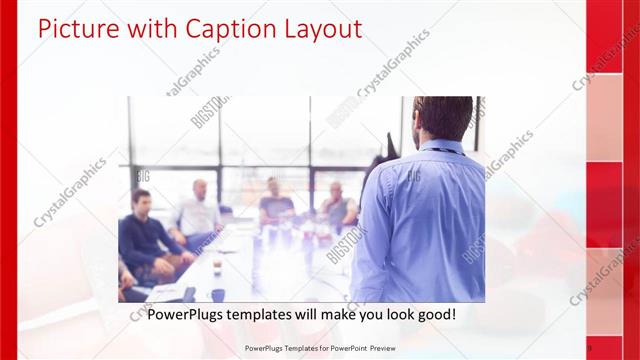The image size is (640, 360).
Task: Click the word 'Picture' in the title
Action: [x=76, y=29]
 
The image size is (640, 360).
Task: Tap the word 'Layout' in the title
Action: [x=317, y=29]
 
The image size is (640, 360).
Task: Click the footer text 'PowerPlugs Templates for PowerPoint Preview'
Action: [x=319, y=348]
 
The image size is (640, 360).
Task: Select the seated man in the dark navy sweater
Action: [x=146, y=235]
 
